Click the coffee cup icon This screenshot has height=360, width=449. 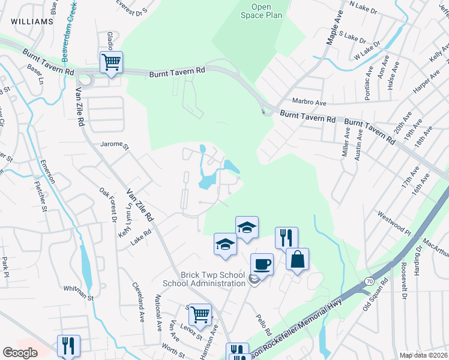coord(261,263)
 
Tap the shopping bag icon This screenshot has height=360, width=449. coord(297,259)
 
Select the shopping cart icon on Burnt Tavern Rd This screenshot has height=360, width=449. coord(112,62)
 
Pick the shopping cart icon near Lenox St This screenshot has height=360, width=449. coord(200,313)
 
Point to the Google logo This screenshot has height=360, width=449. coord(20,353)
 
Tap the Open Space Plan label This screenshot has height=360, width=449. coord(261,11)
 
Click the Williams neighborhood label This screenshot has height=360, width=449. coord(31,22)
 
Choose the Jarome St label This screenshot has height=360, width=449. coord(115,145)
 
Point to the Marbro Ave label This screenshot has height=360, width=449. coord(309,102)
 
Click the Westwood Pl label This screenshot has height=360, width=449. coord(393,222)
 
